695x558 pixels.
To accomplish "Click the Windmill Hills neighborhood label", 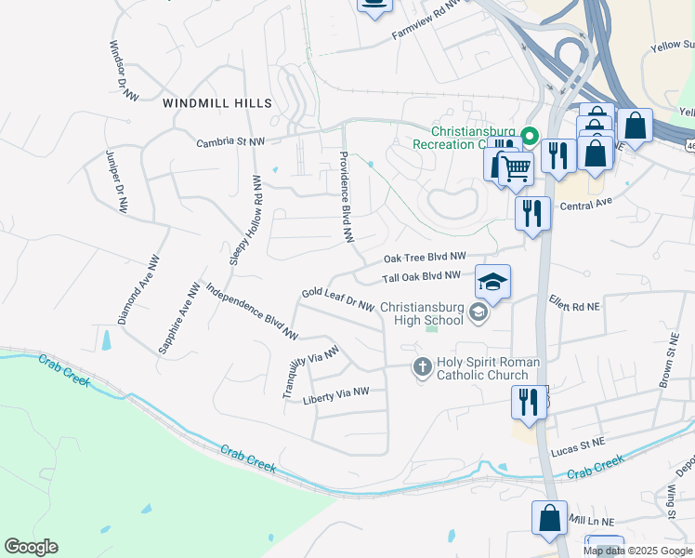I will tap(217, 102).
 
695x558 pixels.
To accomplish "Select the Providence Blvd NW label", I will tap(347, 197).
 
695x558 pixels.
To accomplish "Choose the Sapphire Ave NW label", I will tap(179, 317).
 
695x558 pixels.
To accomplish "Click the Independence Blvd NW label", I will tap(252, 310).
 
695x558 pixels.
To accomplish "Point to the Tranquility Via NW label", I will tap(312, 369).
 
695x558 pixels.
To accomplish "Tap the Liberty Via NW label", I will tap(336, 393).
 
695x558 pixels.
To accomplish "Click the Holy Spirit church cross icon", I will tap(422, 367).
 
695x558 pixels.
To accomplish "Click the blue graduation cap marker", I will tap(493, 282).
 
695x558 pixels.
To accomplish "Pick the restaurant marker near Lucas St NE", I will tap(529, 402).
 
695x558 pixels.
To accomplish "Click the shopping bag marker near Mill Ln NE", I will tap(549, 518).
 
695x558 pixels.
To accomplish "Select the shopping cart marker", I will tap(516, 169).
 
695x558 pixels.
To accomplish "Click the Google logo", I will tap(31, 547).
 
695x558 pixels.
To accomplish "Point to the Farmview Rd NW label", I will tap(426, 20).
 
